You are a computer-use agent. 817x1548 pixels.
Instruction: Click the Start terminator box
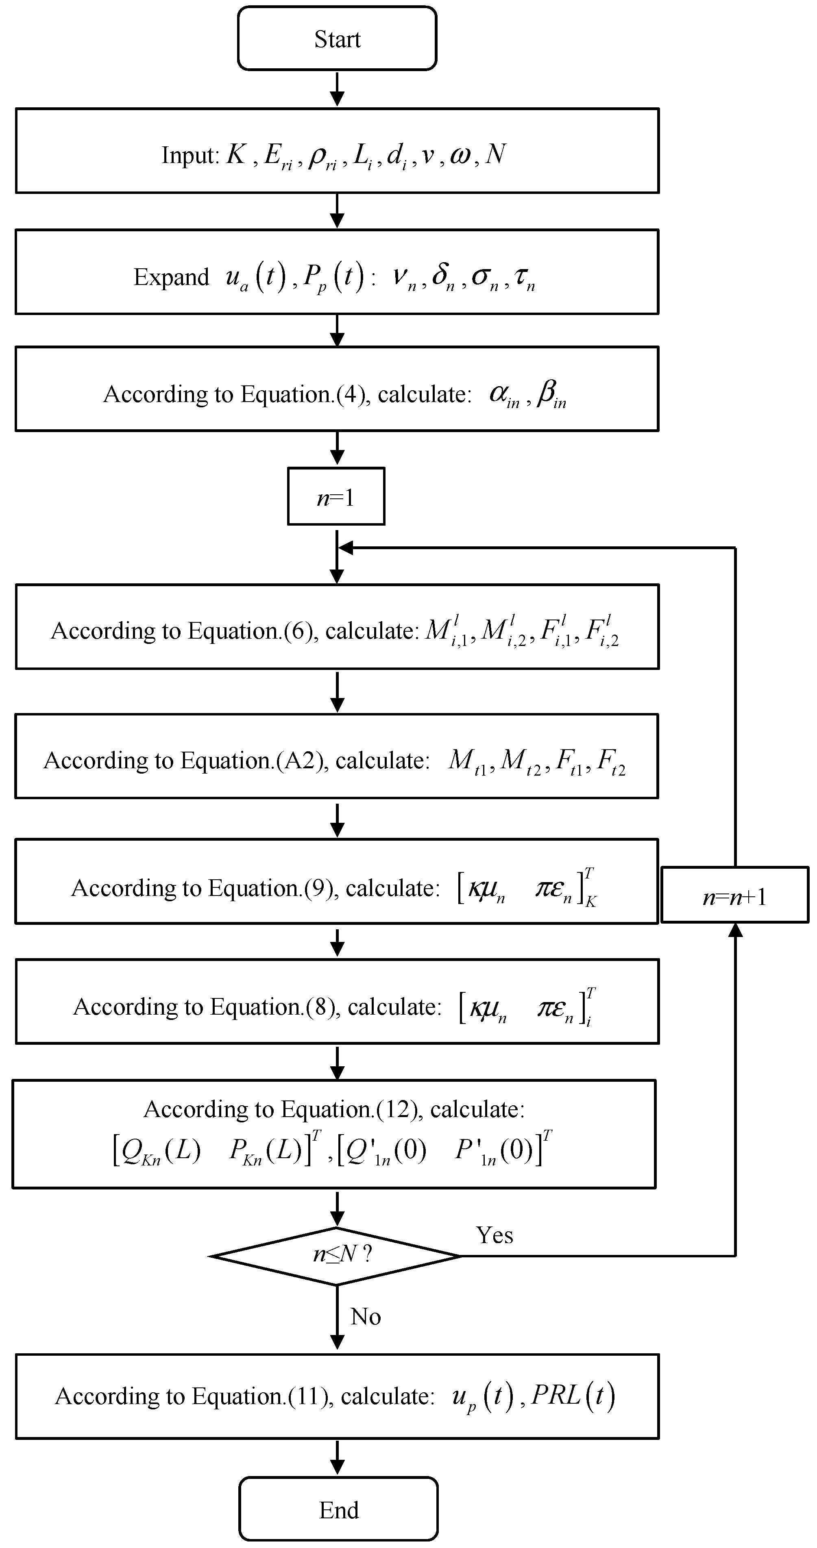pyautogui.click(x=337, y=39)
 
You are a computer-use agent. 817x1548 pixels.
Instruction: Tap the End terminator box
pyautogui.click(x=338, y=1509)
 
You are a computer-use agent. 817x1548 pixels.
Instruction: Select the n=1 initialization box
pyautogui.click(x=336, y=496)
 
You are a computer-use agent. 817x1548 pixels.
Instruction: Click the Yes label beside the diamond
pyautogui.click(x=494, y=1235)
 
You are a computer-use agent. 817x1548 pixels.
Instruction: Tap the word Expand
pyautogui.click(x=171, y=277)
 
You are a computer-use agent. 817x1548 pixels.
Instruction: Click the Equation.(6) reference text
pyautogui.click(x=253, y=631)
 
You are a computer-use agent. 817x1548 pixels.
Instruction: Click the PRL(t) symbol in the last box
pyautogui.click(x=573, y=1396)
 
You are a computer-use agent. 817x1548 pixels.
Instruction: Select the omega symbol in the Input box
pyautogui.click(x=460, y=155)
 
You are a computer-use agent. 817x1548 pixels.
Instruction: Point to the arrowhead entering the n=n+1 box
pyautogui.click(x=734, y=930)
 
